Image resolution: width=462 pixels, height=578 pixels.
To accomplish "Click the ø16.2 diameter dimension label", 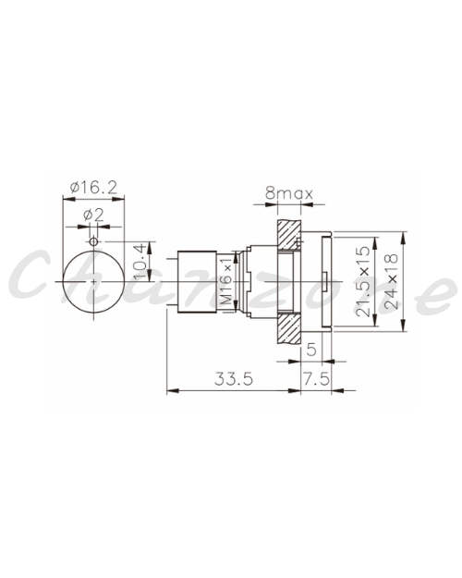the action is (93, 188).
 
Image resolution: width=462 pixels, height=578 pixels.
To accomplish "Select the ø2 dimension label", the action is (93, 215).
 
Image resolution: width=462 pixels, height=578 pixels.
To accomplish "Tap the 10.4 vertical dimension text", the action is (140, 262).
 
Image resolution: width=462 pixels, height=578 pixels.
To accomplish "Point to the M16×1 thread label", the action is (227, 281).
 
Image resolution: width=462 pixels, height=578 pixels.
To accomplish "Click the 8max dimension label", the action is (289, 193).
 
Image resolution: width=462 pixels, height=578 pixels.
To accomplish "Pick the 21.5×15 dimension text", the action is (363, 281).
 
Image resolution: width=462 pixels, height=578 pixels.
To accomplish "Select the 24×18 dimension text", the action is (391, 281).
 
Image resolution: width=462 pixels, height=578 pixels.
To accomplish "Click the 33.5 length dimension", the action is (234, 378).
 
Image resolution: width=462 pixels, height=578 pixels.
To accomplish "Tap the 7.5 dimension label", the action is (316, 378).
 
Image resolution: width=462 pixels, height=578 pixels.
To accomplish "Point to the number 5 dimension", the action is (311, 349).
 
